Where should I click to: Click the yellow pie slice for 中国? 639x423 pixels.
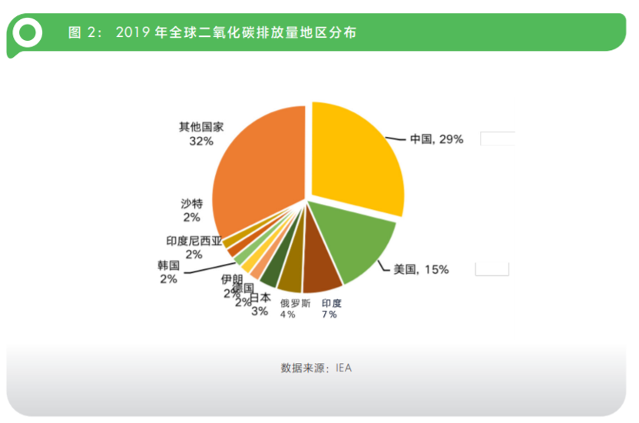click(357, 158)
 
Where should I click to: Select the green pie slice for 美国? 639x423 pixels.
click(354, 242)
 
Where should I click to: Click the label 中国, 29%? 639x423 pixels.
click(435, 139)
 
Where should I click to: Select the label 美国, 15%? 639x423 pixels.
click(421, 269)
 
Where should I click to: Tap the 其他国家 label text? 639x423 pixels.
click(201, 127)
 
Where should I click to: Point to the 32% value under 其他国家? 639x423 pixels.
click(201, 141)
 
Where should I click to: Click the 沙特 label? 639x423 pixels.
click(191, 203)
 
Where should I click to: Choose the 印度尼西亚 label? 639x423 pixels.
click(194, 241)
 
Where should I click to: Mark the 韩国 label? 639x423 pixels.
click(168, 265)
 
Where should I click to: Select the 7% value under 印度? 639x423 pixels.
click(329, 314)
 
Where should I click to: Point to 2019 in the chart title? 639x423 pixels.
click(132, 33)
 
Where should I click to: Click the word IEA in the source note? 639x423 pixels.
click(343, 368)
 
